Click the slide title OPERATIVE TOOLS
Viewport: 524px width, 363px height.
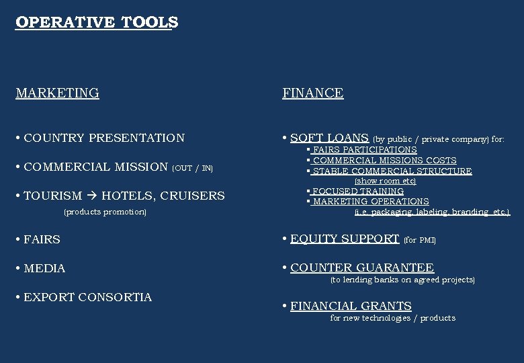[x=97, y=22]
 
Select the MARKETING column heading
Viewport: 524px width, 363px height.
[x=57, y=93]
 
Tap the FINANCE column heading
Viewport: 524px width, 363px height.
[x=312, y=93]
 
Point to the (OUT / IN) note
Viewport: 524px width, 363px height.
[x=193, y=168]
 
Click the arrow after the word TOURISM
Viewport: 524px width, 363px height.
[x=92, y=196]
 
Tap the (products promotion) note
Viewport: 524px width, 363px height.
[x=105, y=212]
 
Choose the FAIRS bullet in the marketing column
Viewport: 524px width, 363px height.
[x=42, y=239]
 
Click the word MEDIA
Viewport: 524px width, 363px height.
[x=44, y=268]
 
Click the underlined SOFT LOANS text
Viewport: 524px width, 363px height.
[x=329, y=138]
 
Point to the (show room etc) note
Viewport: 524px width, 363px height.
[x=385, y=181]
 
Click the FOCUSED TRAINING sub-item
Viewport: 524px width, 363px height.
[x=358, y=192]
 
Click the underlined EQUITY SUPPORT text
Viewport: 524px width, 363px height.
[x=345, y=239]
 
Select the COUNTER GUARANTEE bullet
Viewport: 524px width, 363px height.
[x=361, y=268]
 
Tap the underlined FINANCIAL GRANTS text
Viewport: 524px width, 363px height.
[x=351, y=306]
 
